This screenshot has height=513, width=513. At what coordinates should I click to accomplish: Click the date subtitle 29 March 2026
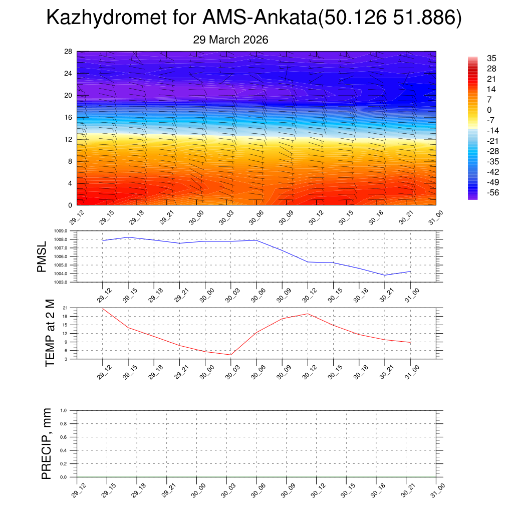click(230, 40)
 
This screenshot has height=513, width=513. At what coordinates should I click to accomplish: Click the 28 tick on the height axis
click(69, 52)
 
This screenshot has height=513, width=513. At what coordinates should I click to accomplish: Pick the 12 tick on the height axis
click(69, 139)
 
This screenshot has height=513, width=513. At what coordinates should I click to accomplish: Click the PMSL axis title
click(42, 256)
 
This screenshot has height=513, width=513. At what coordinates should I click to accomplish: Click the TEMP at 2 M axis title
click(50, 333)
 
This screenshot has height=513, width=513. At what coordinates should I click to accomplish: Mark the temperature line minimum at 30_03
click(230, 355)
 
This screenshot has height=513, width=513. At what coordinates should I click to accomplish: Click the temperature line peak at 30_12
click(308, 314)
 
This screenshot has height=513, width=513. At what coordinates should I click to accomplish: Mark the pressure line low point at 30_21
click(385, 275)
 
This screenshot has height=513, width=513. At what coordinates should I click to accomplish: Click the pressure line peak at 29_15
click(128, 237)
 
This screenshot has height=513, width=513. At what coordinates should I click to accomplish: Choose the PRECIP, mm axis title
click(47, 443)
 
